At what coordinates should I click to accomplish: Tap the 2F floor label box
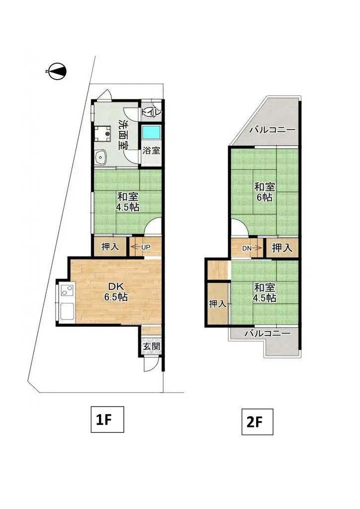pos(257,422)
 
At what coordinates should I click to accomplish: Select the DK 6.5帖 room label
pos(115,292)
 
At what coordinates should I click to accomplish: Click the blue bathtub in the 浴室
pos(151,133)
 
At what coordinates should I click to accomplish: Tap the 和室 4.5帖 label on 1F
pos(127,201)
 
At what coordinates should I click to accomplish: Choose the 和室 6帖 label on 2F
pos(264,192)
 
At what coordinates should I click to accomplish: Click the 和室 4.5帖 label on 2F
pos(264,292)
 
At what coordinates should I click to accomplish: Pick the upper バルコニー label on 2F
pos(272,130)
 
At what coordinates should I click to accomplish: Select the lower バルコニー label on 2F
pos(267,334)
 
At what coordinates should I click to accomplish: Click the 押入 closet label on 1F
pos(110,247)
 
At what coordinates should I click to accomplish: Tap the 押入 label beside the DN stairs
pos(282,247)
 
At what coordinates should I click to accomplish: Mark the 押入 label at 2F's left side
pos(217,303)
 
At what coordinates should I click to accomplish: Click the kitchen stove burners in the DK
pos(67,291)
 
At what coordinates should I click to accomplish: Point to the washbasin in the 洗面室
pos(101,157)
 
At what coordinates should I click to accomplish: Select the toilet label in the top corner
pos(151,111)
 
